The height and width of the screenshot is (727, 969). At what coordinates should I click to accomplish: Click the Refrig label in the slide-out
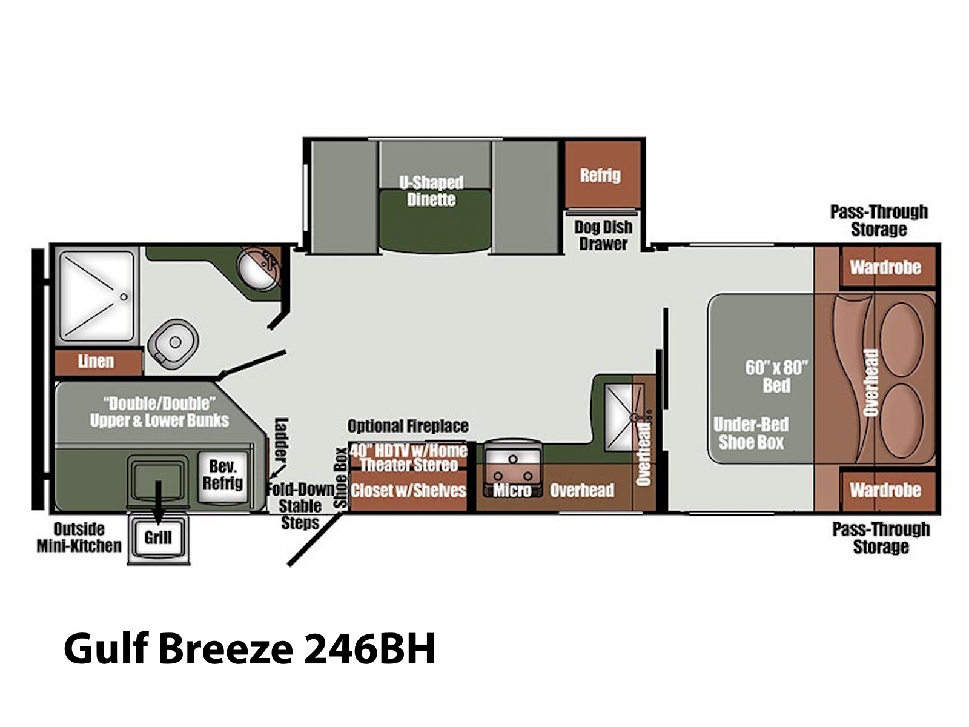tap(600, 176)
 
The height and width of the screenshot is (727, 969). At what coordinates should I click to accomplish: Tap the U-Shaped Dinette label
tap(431, 191)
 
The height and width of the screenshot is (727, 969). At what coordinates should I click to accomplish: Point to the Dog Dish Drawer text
tap(603, 235)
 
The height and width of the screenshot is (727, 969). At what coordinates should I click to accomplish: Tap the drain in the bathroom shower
tap(124, 297)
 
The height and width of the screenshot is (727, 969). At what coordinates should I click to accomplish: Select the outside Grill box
tap(158, 537)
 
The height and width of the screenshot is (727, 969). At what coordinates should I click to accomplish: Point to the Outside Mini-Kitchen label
tap(79, 537)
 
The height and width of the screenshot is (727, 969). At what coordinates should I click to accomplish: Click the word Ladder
tap(281, 440)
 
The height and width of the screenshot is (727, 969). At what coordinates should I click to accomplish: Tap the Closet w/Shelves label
tap(408, 490)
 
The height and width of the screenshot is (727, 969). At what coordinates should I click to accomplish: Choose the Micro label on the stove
tap(512, 490)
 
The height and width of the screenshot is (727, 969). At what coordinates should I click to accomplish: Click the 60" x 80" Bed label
tap(776, 376)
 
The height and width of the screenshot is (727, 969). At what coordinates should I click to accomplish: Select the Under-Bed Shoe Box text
tap(751, 433)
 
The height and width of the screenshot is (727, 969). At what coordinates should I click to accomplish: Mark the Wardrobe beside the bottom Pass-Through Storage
tap(885, 490)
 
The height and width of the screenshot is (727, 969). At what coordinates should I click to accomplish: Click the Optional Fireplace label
tap(408, 427)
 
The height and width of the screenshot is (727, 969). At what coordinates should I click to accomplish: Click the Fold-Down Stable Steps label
tap(300, 506)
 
